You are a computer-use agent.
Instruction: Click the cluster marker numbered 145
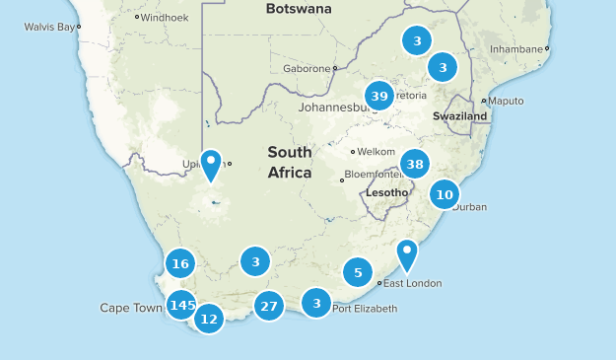click(181, 306)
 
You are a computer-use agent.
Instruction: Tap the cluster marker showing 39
click(379, 96)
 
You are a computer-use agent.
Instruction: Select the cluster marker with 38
click(415, 164)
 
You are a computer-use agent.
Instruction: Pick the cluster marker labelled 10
click(445, 194)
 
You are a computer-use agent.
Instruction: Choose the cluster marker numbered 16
click(179, 263)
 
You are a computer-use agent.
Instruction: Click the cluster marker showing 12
click(209, 319)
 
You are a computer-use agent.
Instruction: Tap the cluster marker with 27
click(268, 306)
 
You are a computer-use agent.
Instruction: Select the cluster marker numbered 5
click(358, 272)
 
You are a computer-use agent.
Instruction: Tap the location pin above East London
click(407, 253)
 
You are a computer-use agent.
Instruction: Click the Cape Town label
click(130, 308)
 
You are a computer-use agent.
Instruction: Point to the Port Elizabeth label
click(365, 309)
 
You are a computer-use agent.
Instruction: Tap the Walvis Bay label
click(48, 27)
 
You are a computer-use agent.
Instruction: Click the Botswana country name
click(299, 9)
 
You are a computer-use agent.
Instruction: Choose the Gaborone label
click(306, 69)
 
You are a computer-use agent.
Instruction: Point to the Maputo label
click(506, 101)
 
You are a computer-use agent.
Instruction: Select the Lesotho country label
click(386, 192)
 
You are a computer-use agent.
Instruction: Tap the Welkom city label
click(376, 152)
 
